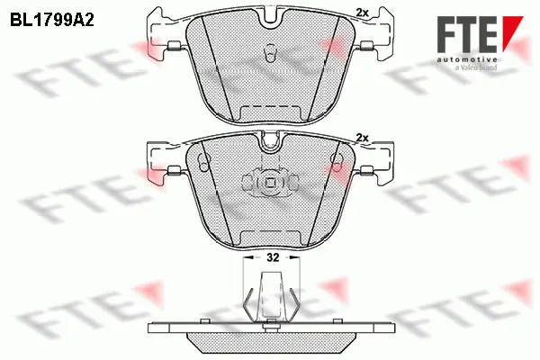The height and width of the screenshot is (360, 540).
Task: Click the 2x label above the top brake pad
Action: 363,11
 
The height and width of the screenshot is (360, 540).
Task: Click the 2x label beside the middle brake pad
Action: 363,137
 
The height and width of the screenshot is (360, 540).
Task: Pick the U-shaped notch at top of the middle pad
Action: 268,142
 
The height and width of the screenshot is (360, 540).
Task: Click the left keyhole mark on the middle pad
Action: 203,163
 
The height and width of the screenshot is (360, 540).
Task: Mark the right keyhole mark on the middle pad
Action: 335,163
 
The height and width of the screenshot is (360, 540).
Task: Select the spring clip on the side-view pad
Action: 269,297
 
